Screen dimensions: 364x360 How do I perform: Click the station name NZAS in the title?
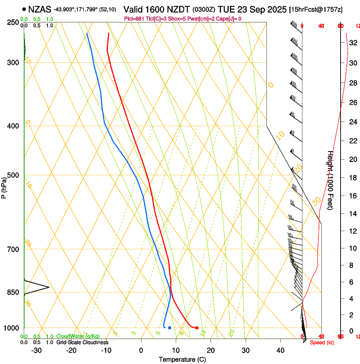coord(40,9)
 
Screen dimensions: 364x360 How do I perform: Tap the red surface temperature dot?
coord(197,328)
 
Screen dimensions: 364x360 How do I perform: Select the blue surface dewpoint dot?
coord(169,328)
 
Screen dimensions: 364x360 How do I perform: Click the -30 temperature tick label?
coord(36,350)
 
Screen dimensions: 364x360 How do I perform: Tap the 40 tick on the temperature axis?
coord(280,350)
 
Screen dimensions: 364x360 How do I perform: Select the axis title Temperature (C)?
coord(182,359)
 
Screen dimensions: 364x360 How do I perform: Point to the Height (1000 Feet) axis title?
coord(330,184)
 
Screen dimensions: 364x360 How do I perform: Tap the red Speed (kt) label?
coord(322,342)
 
